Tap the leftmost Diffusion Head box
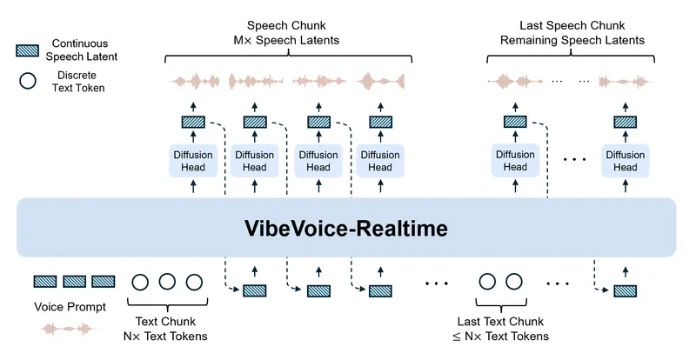pyautogui.click(x=191, y=161)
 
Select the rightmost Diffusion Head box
pyautogui.click(x=625, y=161)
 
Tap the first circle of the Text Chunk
pyautogui.click(x=140, y=282)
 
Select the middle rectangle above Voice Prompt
pyautogui.click(x=75, y=282)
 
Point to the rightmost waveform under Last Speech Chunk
pyautogui.click(x=625, y=83)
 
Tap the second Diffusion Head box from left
pyautogui.click(x=254, y=161)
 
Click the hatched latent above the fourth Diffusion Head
pyautogui.click(x=378, y=123)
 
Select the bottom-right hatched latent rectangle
pyautogui.click(x=625, y=290)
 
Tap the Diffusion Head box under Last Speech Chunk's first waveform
pyautogui.click(x=515, y=161)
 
